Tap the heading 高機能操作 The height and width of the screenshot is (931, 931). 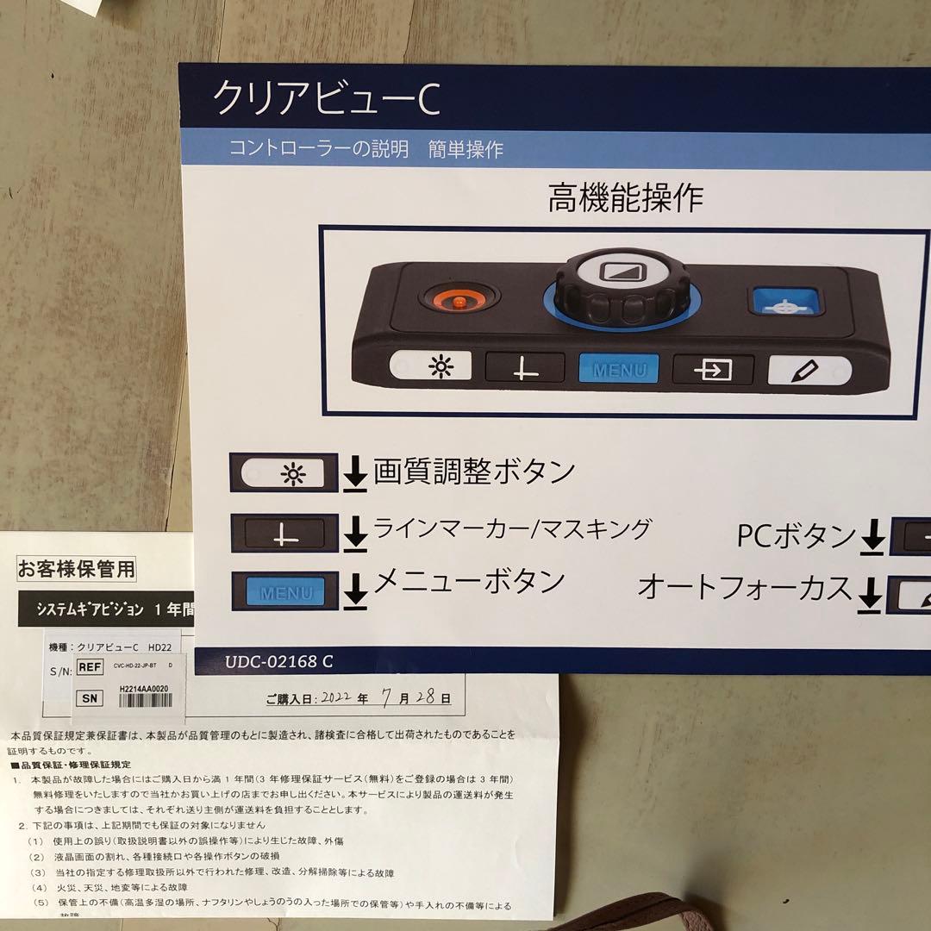coord(625,198)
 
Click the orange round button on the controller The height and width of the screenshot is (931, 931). coord(459,301)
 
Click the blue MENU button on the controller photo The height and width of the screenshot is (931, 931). coord(618,370)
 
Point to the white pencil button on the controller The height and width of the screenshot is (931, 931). coord(808,370)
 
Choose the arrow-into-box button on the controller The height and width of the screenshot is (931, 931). coord(713,370)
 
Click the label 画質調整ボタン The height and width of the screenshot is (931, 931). coord(474,472)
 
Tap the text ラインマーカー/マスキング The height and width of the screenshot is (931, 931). coord(511,528)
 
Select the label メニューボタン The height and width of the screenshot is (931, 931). coord(468,582)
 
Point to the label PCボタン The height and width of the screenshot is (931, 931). coord(795,536)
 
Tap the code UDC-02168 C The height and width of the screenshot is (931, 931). coord(279,661)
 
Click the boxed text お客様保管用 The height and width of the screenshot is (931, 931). coord(77,569)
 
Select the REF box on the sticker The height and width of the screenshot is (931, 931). coord(90,666)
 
